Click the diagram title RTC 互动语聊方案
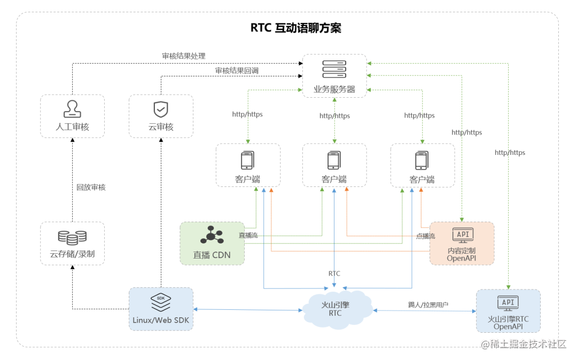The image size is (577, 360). (x=295, y=28)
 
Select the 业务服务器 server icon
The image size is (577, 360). (x=334, y=69)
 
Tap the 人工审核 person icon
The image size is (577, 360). (x=72, y=108)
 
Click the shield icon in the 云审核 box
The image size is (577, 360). (x=161, y=109)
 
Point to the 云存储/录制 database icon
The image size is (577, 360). (x=72, y=237)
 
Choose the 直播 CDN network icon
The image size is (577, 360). (x=211, y=235)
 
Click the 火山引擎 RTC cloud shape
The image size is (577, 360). (x=335, y=309)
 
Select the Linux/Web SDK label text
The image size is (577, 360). (x=161, y=320)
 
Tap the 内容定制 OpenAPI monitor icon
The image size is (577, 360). (x=462, y=235)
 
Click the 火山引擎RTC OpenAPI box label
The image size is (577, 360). (x=508, y=323)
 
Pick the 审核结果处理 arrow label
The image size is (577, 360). (x=184, y=56)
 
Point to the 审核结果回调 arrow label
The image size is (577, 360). (x=237, y=70)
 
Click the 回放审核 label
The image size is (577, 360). (x=91, y=187)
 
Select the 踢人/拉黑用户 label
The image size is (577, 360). (x=428, y=304)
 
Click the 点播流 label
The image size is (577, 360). (x=425, y=236)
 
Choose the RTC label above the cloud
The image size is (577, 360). (x=334, y=273)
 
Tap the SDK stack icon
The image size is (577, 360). (x=161, y=302)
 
